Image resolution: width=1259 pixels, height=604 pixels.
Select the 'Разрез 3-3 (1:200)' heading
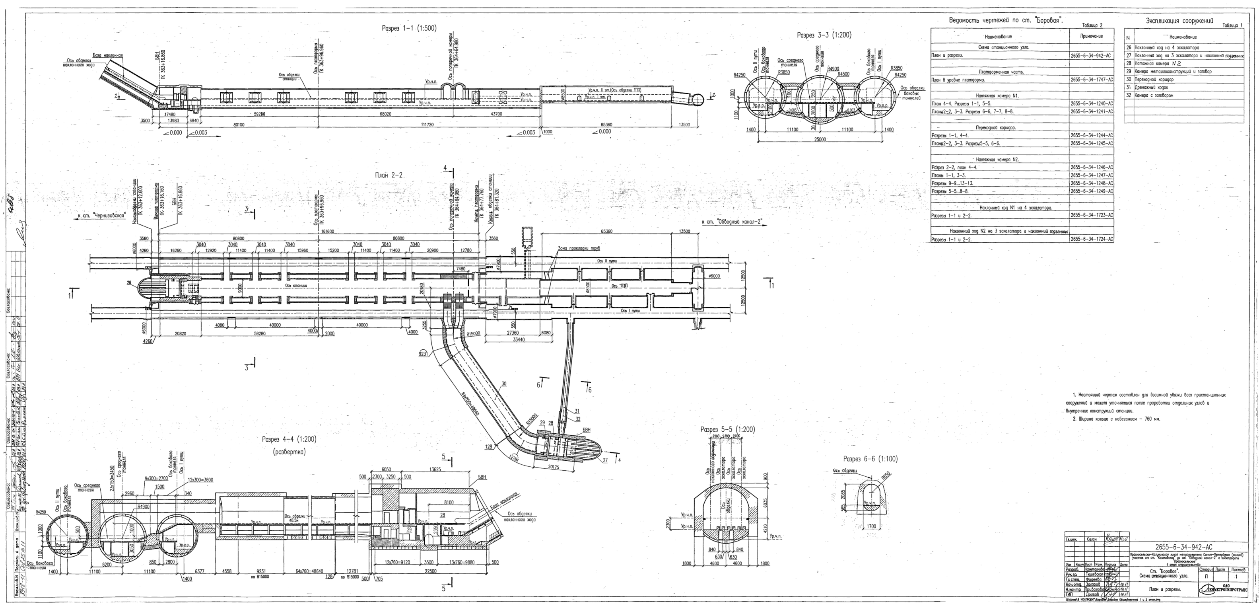point(824,35)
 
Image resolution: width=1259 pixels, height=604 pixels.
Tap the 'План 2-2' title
point(389,175)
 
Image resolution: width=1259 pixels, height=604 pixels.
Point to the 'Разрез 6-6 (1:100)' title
point(870,459)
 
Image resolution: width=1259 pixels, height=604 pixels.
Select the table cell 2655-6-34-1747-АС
point(1091,80)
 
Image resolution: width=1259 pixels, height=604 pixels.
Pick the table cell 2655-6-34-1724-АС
point(1091,240)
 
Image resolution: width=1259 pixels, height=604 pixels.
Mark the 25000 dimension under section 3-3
point(820,139)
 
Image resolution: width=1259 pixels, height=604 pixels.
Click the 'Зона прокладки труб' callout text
point(579,248)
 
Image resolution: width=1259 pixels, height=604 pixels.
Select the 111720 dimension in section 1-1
point(427,125)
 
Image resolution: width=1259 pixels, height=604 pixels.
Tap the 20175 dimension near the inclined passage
point(554,467)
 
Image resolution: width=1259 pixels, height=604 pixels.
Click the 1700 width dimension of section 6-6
point(871,526)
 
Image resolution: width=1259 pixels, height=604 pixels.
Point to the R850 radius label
point(886,475)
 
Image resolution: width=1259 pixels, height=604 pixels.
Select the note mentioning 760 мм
point(1116,419)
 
